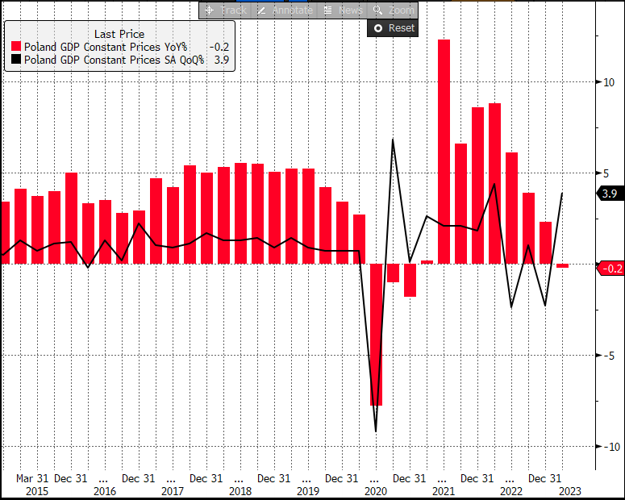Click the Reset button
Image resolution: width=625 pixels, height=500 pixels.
point(392,28)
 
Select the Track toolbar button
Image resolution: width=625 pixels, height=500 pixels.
point(226,10)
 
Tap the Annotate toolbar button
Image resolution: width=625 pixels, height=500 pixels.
point(283,10)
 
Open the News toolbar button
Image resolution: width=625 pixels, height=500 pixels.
point(343,10)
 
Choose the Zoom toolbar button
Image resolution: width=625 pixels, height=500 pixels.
point(394,10)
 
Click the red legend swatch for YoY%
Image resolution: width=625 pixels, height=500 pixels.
point(15,47)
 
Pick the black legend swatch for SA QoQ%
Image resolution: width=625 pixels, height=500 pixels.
point(15,60)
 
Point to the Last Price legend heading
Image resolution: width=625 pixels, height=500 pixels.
point(119,34)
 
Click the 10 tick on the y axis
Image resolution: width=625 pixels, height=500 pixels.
point(609,82)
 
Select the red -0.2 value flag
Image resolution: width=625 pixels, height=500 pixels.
point(610,269)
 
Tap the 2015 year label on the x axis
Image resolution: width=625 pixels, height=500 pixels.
point(36,490)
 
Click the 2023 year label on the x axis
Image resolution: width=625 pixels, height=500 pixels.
point(569,490)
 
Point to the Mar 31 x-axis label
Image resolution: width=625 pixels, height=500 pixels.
point(32,478)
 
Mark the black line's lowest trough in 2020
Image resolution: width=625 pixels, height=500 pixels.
point(376,431)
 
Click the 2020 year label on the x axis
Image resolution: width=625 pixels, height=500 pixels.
point(376,490)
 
